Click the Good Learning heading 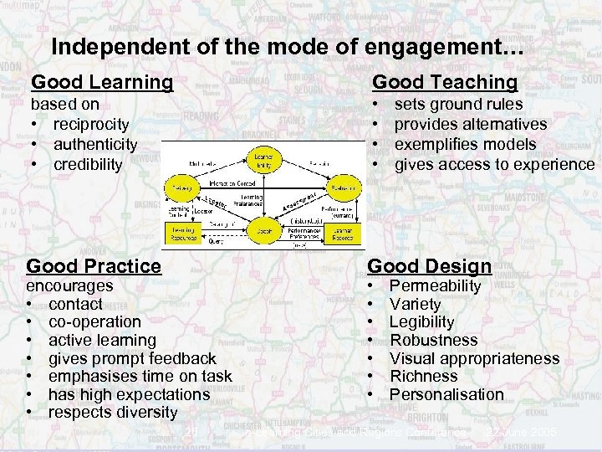[x=102, y=82]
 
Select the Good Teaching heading [x=445, y=82]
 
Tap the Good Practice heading [x=94, y=266]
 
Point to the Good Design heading [x=430, y=266]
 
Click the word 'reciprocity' [x=91, y=124]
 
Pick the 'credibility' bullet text [x=88, y=164]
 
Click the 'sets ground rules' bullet [x=458, y=105]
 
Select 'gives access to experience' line [x=493, y=164]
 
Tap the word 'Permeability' [x=436, y=285]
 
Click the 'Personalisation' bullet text [x=446, y=394]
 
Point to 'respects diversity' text [x=113, y=412]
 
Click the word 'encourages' [x=70, y=285]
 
